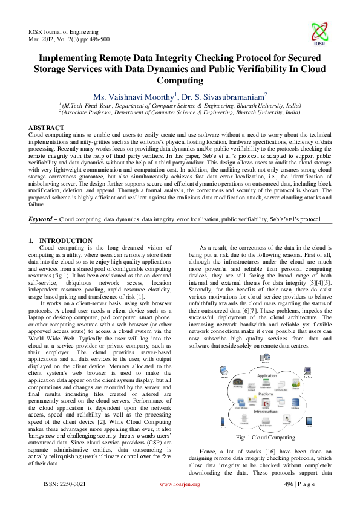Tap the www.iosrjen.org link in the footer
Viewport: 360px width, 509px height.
180,502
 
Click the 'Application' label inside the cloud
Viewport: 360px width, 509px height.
266,375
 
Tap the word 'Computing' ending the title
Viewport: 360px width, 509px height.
180,79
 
